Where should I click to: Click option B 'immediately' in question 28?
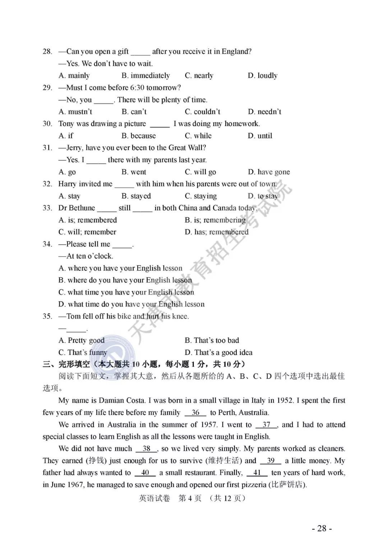tap(145, 75)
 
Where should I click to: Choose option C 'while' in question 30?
tap(198, 136)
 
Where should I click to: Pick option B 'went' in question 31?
tap(134, 172)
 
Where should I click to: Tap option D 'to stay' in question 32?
tap(263, 196)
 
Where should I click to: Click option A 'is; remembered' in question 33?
tap(88, 220)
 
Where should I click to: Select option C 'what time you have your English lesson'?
tap(126, 292)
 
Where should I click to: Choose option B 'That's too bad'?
tap(212, 341)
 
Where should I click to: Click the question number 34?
tap(47, 244)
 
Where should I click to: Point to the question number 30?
tap(47, 124)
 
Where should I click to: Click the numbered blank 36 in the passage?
tap(195, 413)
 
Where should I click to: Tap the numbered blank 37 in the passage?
tap(266, 425)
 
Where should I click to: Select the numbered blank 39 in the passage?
tap(271, 461)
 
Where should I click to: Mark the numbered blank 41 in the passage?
tap(257, 473)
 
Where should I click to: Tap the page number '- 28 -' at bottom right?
tap(322, 528)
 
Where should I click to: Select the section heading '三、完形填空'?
tap(66, 365)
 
